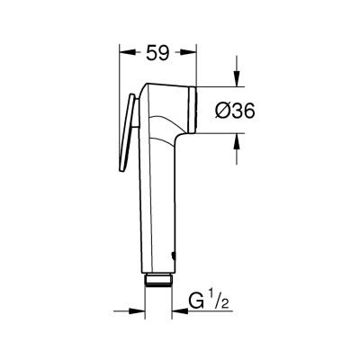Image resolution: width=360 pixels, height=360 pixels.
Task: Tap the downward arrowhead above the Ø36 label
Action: point(238,81)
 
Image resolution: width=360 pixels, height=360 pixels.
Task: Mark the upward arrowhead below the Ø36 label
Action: point(238,139)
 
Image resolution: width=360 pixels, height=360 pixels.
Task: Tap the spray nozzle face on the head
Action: point(192,109)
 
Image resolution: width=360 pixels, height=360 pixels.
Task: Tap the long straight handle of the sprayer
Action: point(158,207)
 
